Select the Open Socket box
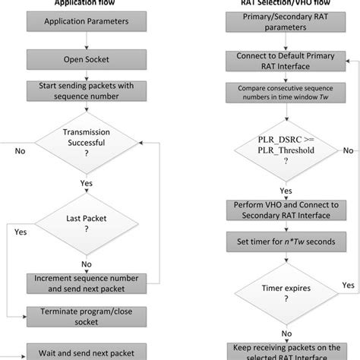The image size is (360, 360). [x=81, y=58]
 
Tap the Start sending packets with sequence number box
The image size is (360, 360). [x=81, y=94]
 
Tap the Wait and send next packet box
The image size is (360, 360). [x=81, y=352]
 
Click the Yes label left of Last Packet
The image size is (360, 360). [x=21, y=231]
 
